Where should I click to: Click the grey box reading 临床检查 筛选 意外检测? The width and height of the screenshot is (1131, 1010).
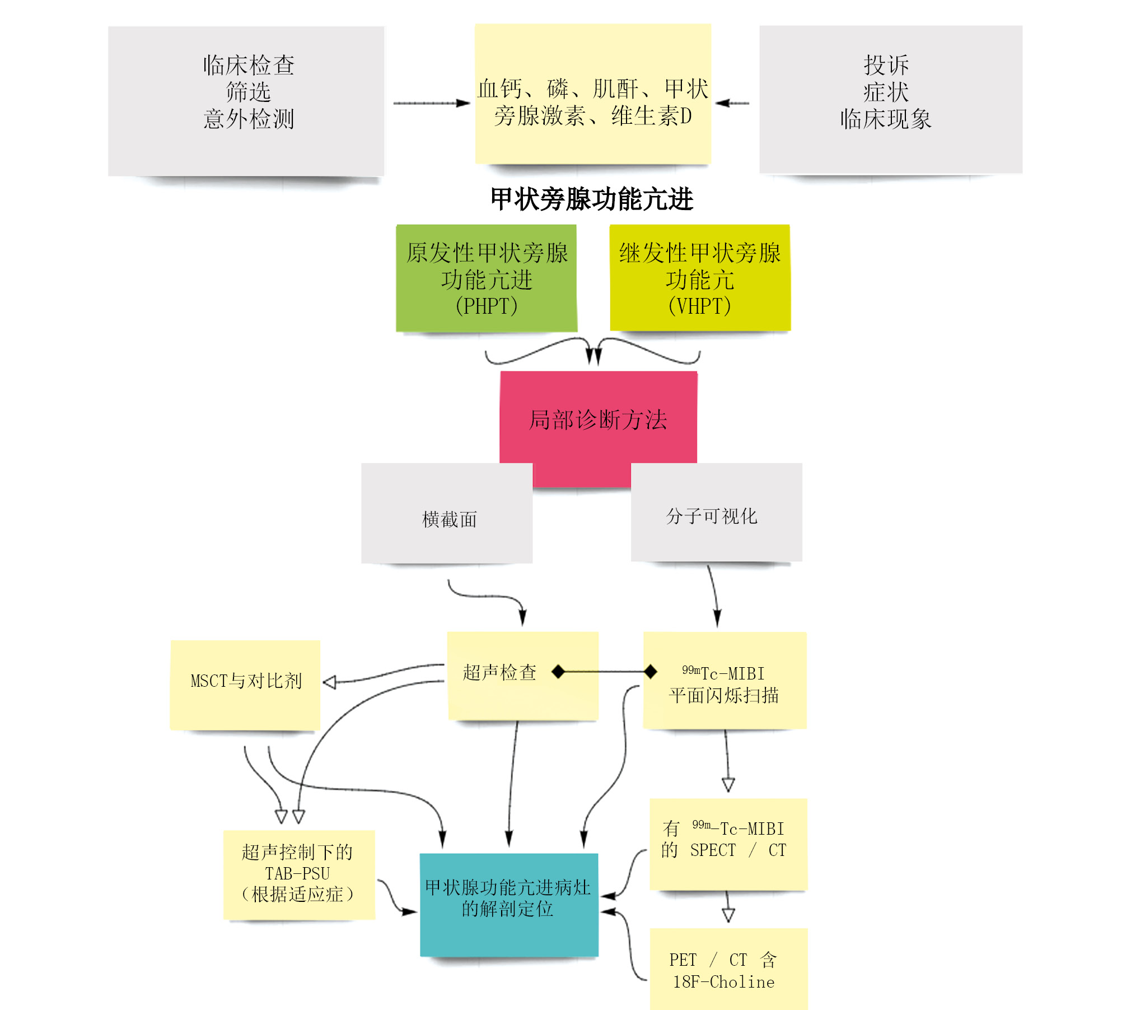click(246, 101)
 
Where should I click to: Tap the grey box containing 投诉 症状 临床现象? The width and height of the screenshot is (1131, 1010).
click(890, 100)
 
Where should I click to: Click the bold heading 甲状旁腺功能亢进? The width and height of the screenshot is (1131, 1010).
click(592, 199)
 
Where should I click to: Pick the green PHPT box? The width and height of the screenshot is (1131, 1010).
click(486, 278)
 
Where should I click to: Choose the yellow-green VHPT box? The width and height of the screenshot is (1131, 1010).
click(700, 278)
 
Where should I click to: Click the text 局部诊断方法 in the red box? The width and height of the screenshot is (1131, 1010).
click(598, 420)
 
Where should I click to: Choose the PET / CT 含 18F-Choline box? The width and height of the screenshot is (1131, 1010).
click(728, 969)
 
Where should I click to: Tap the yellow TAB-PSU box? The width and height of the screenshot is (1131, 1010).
click(298, 874)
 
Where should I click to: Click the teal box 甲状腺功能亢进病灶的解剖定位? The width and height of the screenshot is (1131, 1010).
click(508, 904)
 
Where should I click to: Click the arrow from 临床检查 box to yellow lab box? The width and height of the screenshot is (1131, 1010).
click(431, 103)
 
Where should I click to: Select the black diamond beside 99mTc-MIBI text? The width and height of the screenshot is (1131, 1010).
click(650, 671)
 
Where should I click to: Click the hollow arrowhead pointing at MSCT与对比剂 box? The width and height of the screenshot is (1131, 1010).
click(330, 682)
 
